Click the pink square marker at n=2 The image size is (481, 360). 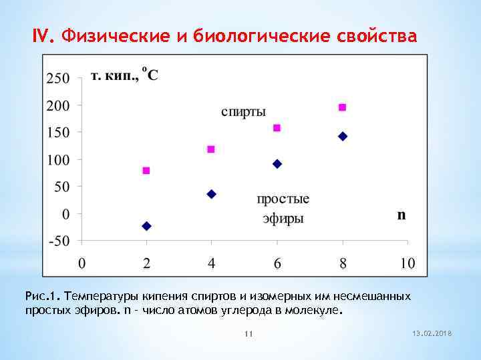click(146, 171)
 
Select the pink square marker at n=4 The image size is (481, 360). click(211, 149)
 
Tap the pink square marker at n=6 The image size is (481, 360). click(277, 128)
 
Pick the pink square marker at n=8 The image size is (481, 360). click(343, 107)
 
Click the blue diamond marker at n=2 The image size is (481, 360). click(147, 226)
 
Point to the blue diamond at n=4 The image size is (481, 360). click(212, 194)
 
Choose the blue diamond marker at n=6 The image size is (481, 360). click(277, 164)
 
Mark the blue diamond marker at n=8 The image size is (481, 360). click(343, 136)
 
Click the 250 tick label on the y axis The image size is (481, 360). click(57, 78)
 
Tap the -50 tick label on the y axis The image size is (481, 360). click(57, 241)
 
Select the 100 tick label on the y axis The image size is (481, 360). click(57, 160)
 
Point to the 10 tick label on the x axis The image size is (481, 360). click(407, 263)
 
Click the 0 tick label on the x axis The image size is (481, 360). click(82, 263)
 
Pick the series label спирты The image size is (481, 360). click(244, 112)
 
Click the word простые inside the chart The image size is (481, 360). click(283, 199)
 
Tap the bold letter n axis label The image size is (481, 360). click(402, 215)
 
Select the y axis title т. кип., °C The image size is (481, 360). click(124, 75)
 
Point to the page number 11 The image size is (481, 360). click(248, 333)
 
